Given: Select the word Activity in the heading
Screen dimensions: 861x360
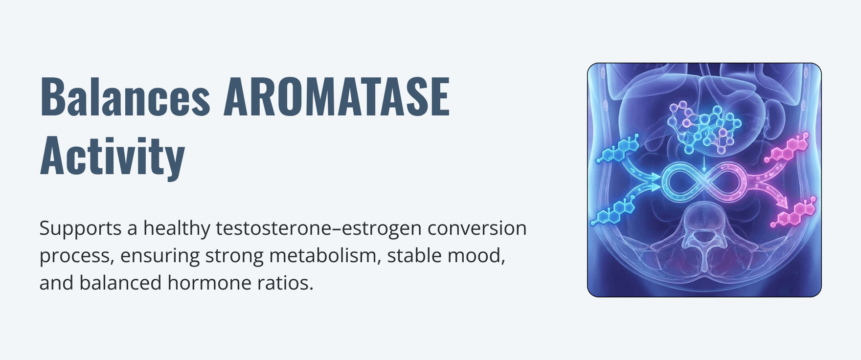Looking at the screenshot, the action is (112, 156).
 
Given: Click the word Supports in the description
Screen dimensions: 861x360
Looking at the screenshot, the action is (80, 229).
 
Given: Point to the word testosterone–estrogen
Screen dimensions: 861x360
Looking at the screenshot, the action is (318, 228).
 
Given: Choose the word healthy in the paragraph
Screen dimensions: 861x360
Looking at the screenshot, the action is (176, 229).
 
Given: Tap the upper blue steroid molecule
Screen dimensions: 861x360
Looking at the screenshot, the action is (618, 150).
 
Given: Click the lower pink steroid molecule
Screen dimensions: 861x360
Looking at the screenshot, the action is (793, 212).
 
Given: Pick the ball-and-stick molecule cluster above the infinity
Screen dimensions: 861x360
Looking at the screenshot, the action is (703, 126).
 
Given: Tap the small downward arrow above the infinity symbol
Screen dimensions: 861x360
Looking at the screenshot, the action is (704, 164).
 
